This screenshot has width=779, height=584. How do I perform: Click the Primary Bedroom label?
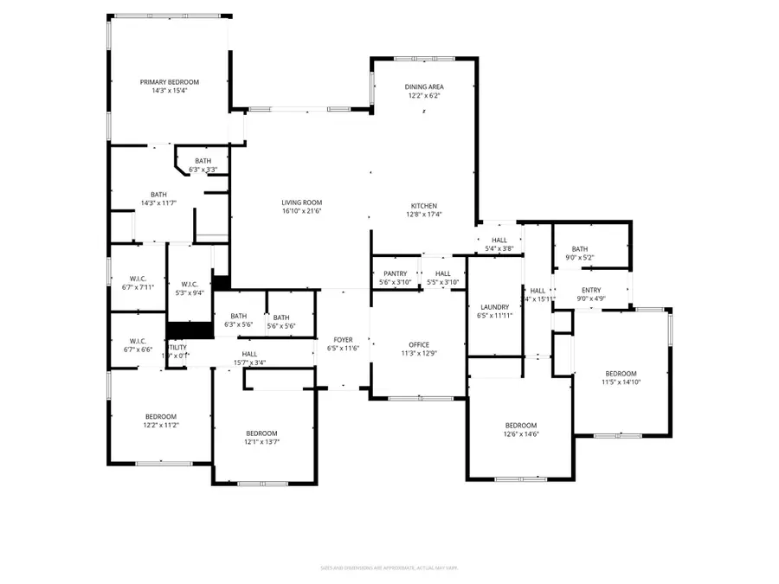170,81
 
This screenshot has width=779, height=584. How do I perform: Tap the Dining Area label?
424,87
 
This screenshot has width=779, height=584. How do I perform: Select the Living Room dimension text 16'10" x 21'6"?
301,211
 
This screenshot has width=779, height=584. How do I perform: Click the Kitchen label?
423,206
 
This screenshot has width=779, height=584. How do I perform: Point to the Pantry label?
395,273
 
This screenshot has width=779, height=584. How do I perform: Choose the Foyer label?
343,339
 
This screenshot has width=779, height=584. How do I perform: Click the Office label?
419,344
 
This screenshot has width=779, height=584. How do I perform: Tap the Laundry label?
494,307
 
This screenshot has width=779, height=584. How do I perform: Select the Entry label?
591,291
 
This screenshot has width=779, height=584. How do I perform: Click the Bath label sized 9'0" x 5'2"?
579,249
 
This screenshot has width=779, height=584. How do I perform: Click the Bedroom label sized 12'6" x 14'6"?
521,425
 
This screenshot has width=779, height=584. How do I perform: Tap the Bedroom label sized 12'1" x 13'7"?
261,433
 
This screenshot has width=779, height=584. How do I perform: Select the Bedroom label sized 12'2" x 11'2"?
160,416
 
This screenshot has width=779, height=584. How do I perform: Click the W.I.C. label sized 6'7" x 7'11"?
138,279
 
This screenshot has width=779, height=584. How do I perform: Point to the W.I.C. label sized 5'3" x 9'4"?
190,285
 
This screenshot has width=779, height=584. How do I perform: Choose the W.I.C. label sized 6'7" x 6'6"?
138,341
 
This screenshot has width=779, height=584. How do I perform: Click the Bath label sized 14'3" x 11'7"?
158,195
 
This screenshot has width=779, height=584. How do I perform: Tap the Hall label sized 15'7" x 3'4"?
249,354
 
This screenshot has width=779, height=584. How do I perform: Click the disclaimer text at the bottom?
389,568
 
